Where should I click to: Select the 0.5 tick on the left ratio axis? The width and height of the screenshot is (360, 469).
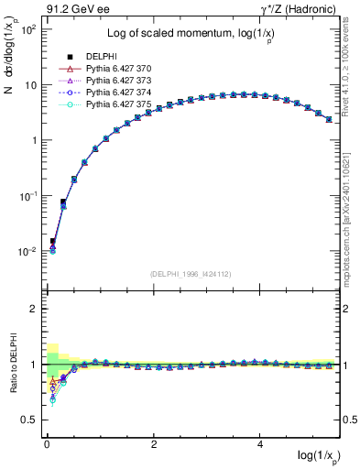tap(29, 420)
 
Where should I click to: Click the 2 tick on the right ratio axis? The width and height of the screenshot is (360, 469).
tap(347, 309)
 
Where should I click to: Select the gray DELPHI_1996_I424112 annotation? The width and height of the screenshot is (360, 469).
tap(190, 274)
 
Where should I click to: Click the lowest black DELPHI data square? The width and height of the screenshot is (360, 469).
tap(52, 242)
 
